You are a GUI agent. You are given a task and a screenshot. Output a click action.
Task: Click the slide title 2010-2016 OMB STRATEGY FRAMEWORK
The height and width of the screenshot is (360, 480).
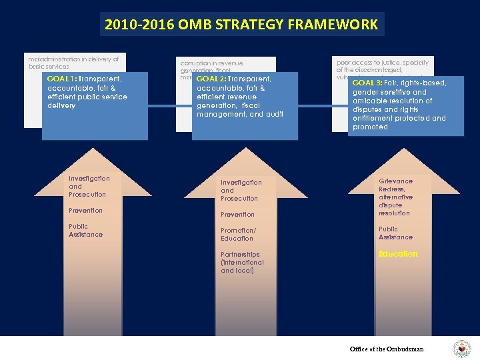point(240,25)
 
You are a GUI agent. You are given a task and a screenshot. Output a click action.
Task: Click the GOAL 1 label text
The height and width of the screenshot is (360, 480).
point(62,79)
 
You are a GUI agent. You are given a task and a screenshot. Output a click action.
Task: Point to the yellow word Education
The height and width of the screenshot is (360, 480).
point(398,254)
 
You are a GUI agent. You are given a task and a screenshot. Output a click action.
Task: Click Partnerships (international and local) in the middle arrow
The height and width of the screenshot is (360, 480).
point(242,263)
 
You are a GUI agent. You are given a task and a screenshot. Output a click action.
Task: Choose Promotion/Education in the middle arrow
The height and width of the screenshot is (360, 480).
point(237,235)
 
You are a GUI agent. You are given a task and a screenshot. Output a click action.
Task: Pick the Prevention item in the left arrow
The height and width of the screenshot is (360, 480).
point(85,211)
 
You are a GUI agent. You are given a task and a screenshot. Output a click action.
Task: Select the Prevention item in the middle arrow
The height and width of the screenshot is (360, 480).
point(237,215)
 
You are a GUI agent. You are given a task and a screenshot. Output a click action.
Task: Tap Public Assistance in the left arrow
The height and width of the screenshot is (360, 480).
point(85,231)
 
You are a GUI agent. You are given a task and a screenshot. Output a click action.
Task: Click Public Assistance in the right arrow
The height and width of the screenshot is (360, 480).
point(395,233)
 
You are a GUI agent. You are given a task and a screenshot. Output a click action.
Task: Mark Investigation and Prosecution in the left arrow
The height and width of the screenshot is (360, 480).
point(89,187)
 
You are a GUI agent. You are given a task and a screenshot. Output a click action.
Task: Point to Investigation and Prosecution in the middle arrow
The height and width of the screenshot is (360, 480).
point(241,191)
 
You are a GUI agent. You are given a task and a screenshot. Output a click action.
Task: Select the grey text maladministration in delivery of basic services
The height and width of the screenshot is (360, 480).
point(73,63)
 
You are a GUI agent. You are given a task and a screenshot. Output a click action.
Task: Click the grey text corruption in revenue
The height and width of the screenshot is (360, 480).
point(211,63)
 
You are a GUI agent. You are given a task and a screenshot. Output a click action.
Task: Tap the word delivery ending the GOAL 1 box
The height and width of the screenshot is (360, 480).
point(61,105)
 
